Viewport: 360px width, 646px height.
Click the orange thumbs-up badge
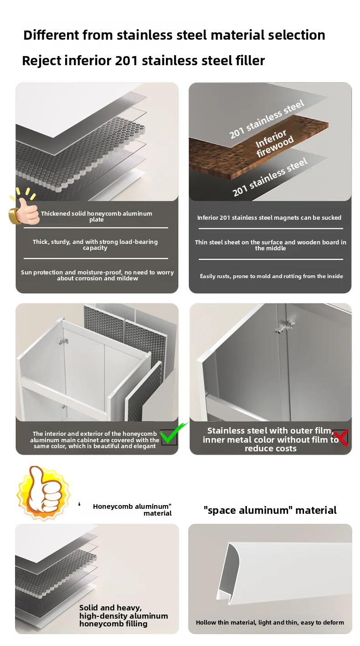(x=43, y=494)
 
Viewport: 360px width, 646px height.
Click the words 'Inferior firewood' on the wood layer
(x=274, y=143)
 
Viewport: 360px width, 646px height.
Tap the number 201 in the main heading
(x=126, y=61)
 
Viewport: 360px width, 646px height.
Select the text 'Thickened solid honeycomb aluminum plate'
(x=97, y=217)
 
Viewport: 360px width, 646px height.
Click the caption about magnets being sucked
(x=269, y=218)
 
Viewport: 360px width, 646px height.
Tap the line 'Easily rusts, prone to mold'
(x=272, y=276)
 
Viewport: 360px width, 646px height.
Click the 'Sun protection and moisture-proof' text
(x=98, y=275)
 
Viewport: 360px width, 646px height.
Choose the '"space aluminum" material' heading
(x=270, y=511)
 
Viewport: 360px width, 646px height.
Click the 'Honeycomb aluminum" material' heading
(x=132, y=510)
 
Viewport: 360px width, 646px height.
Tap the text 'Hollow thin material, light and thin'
(x=270, y=623)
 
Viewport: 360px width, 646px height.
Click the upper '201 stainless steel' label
(x=267, y=119)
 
